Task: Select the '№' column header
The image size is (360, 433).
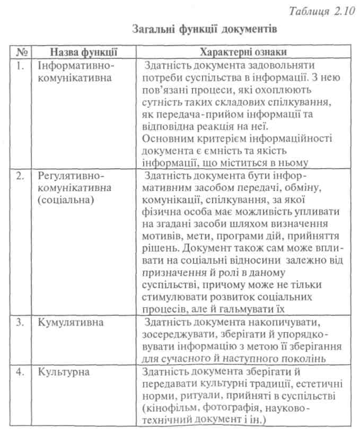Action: click(22, 52)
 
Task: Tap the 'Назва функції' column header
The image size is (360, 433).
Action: click(83, 52)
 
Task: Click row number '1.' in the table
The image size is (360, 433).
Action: click(21, 65)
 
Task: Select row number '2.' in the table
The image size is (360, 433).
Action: click(22, 176)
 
